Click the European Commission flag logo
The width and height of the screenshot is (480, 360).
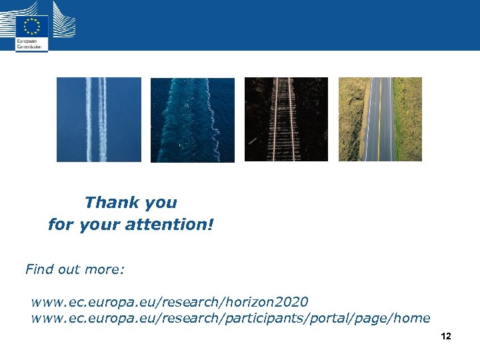tap(32, 27)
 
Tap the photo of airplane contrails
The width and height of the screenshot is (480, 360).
tap(99, 119)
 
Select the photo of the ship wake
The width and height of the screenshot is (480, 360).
tap(193, 120)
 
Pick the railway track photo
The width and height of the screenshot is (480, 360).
tap(286, 119)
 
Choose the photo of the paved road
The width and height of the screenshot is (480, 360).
tap(380, 119)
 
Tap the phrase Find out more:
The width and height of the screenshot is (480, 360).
tap(75, 270)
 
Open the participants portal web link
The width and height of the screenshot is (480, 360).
tap(230, 318)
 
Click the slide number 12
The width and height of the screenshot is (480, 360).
tap(446, 336)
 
